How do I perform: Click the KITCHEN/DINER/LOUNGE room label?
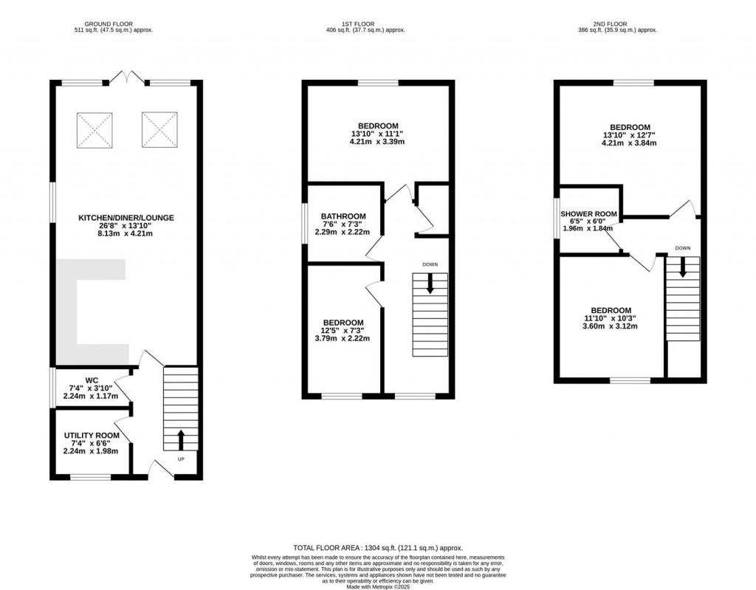(126, 218)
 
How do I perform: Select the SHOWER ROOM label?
(588, 213)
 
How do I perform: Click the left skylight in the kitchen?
(94, 131)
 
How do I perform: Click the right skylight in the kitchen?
(159, 130)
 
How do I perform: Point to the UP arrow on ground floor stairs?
(181, 439)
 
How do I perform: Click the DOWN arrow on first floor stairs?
(430, 283)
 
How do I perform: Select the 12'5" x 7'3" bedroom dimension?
(343, 331)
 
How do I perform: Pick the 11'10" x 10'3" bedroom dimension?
(611, 318)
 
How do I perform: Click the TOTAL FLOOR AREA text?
(378, 547)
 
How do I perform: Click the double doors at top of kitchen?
(126, 75)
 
